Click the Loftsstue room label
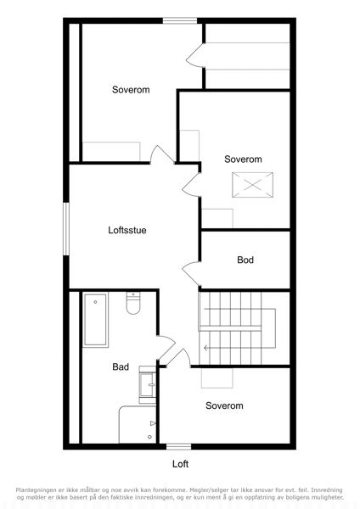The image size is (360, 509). (x=127, y=230)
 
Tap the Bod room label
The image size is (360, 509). (x=245, y=260)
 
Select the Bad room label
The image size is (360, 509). (x=121, y=366)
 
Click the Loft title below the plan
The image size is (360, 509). (x=180, y=464)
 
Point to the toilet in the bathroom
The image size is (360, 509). (x=133, y=303)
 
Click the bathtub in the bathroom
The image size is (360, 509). (x=95, y=320)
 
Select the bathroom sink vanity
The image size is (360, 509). (x=148, y=384)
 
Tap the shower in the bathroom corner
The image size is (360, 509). (x=138, y=424)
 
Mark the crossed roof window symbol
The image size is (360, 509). (x=252, y=185)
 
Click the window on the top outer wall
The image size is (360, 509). (x=180, y=20)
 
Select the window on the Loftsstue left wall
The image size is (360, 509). (x=66, y=229)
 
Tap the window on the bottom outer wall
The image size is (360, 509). (x=178, y=447)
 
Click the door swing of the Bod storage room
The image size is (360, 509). (x=192, y=273)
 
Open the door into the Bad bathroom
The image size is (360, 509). (x=166, y=347)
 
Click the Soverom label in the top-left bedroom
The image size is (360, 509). (x=131, y=90)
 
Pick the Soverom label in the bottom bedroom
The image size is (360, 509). (x=224, y=406)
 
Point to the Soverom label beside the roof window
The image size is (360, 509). (x=243, y=159)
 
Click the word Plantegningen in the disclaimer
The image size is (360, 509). (x=36, y=489)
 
